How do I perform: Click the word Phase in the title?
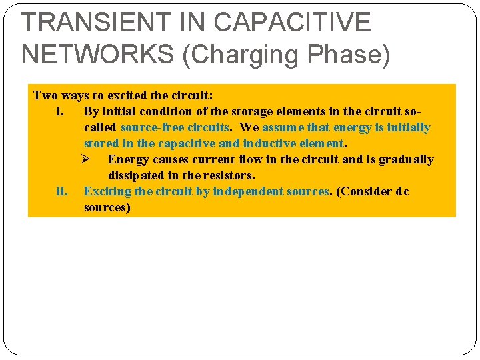pos(352,53)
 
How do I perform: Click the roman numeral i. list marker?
pos(60,111)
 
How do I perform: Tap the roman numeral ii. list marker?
pos(63,191)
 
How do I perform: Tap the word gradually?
pos(407,159)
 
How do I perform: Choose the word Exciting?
pos(107,191)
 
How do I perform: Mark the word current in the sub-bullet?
pos(201,159)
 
